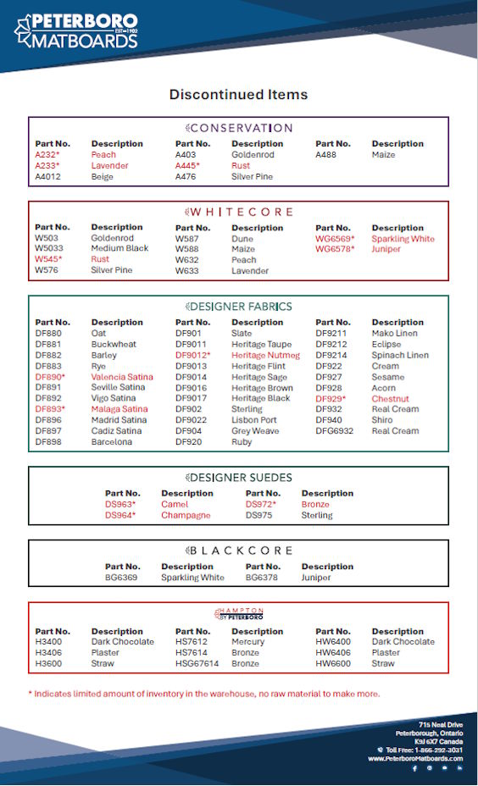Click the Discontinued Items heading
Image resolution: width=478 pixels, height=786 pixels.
tap(238, 94)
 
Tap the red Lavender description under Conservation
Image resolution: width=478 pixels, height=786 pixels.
tap(109, 166)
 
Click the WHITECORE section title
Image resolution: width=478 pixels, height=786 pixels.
tap(239, 211)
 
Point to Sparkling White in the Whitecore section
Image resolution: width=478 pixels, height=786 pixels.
tap(403, 239)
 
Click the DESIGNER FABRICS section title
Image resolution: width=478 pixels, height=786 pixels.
tap(239, 307)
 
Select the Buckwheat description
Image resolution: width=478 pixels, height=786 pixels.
tap(114, 345)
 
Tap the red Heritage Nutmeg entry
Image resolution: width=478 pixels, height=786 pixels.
tap(265, 356)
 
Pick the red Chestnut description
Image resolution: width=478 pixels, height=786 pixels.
tap(390, 399)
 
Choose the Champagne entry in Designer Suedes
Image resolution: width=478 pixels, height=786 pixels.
tap(186, 515)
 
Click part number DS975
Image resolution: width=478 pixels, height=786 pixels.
tap(258, 515)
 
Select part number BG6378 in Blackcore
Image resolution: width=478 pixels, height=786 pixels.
tap(262, 578)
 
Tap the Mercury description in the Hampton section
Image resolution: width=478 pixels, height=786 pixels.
tap(248, 642)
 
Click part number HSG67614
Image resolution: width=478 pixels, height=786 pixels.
tap(197, 664)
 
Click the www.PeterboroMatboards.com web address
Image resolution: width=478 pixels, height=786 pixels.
tap(414, 758)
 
